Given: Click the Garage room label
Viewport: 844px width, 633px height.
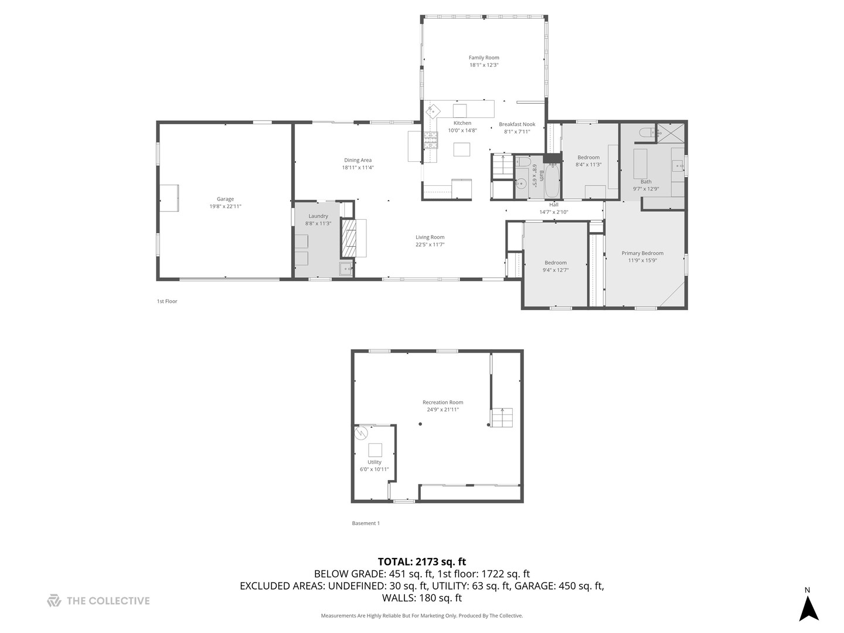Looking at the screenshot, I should (x=225, y=199).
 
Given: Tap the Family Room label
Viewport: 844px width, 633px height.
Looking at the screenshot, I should (x=484, y=57).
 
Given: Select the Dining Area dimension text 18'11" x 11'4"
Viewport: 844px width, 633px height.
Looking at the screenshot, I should (x=358, y=168).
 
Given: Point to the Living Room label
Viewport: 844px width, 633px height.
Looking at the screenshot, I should (x=430, y=237).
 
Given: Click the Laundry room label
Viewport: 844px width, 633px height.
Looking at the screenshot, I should (x=318, y=216).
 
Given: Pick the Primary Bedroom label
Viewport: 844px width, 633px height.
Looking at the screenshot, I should (x=642, y=253).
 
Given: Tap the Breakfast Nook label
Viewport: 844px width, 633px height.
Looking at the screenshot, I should (x=517, y=124).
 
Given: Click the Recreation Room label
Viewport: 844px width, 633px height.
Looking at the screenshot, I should (x=443, y=402).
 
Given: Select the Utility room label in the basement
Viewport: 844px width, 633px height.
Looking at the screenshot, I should (x=374, y=462).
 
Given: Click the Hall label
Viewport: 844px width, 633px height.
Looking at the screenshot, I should (x=554, y=205).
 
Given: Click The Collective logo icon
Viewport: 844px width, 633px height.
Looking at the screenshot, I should (x=54, y=601).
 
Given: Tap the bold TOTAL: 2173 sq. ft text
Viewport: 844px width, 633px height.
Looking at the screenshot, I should (x=422, y=562).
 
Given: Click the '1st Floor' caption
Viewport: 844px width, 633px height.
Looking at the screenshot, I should (x=166, y=301).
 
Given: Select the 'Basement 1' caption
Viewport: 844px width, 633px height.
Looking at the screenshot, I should (x=366, y=523).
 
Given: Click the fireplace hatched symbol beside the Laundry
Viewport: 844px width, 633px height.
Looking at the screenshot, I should (x=349, y=239).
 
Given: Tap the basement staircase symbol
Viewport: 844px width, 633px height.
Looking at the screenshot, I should (x=502, y=418).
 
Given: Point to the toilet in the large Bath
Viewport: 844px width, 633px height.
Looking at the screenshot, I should (x=646, y=133).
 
